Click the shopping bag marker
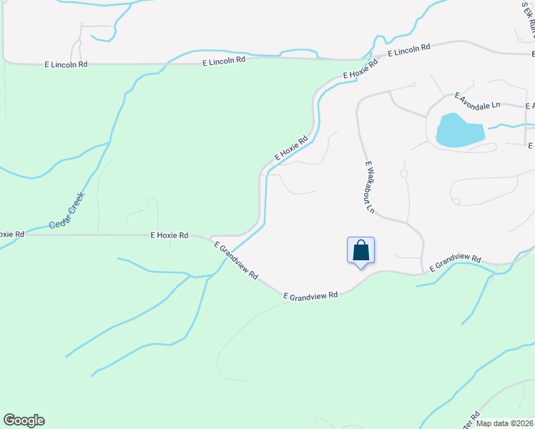point(360,251)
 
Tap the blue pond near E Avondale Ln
point(458,130)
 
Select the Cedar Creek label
point(67,209)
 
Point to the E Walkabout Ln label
point(370,187)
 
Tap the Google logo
point(24,420)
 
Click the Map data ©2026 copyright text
point(505,423)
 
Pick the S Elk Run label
point(529,19)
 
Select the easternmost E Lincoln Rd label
point(409,51)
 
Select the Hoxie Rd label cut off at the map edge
point(12,234)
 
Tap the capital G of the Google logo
point(9,420)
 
